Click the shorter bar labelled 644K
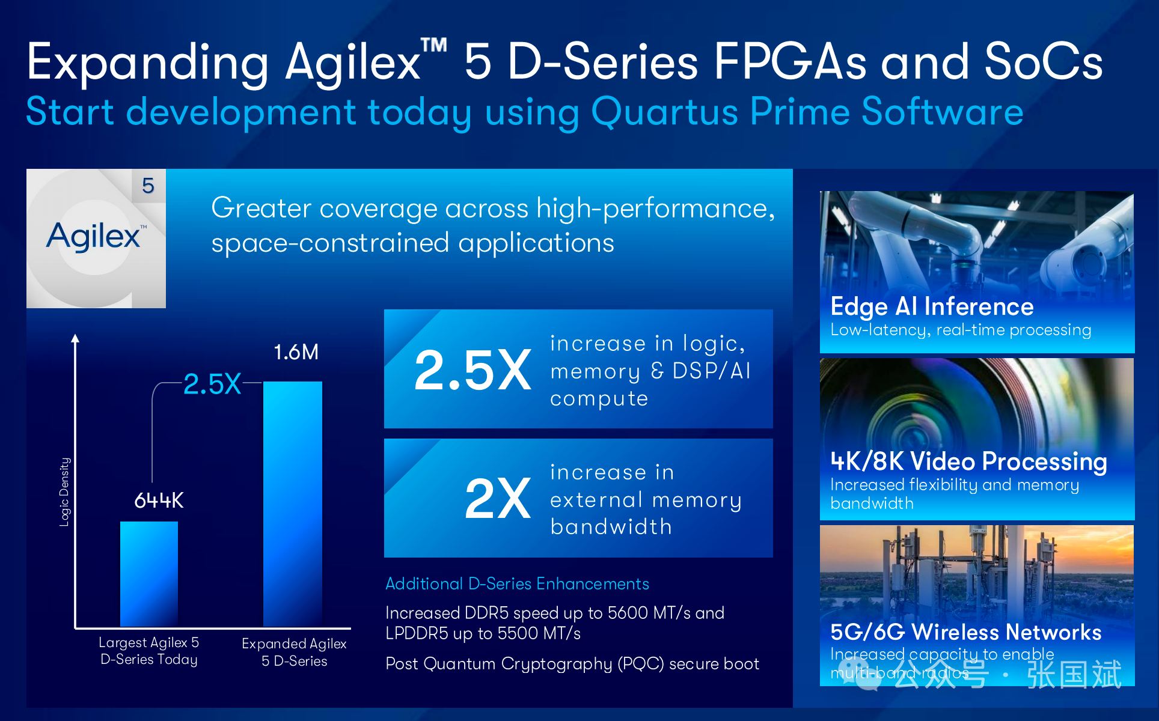149,574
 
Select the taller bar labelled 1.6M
293,504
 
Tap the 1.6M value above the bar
296,352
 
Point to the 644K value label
159,500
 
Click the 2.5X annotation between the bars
212,384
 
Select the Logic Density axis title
64,492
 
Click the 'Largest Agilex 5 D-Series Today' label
149,651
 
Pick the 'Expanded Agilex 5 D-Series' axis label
294,653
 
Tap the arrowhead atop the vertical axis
75,338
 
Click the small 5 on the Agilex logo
148,186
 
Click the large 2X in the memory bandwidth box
498,498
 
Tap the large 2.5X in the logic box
472,370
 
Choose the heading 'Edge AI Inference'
932,307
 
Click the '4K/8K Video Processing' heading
968,461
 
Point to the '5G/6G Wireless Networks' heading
965,632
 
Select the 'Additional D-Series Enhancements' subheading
517,583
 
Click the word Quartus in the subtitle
664,112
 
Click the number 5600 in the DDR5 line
628,613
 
